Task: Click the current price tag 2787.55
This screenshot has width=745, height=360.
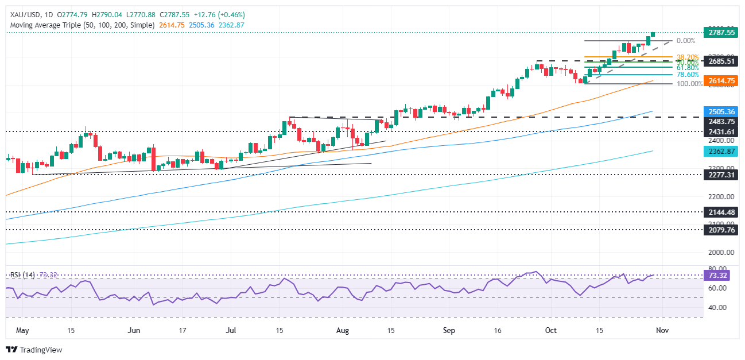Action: pyautogui.click(x=719, y=33)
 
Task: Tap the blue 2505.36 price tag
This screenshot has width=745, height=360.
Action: pyautogui.click(x=719, y=111)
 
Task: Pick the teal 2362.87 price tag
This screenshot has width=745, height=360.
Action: pyautogui.click(x=719, y=151)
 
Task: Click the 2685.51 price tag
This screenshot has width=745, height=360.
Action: pyautogui.click(x=719, y=61)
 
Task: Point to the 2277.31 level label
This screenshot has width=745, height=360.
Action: pyautogui.click(x=719, y=175)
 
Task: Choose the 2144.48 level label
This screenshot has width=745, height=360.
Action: pyautogui.click(x=719, y=212)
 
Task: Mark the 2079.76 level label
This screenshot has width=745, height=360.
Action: pyautogui.click(x=719, y=230)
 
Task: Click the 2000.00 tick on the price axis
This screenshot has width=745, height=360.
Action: pyautogui.click(x=719, y=252)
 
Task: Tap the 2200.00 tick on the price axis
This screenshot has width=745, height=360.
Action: pyautogui.click(x=719, y=196)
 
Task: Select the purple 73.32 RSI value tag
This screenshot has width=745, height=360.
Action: pyautogui.click(x=719, y=276)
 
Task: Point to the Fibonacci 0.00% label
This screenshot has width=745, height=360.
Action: pyautogui.click(x=686, y=41)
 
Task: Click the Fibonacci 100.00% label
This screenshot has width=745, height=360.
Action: pyautogui.click(x=689, y=84)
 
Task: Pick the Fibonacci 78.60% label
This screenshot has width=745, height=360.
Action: pyautogui.click(x=688, y=75)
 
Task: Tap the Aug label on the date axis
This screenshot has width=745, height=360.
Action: pyautogui.click(x=342, y=330)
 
